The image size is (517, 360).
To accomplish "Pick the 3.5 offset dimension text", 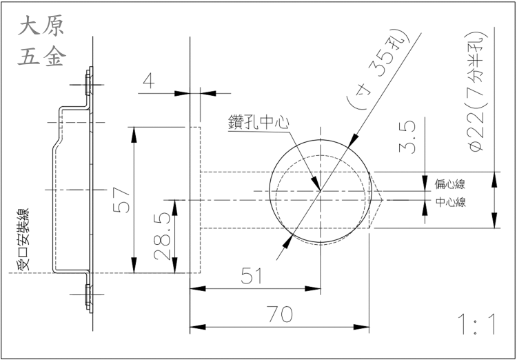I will [x=408, y=137].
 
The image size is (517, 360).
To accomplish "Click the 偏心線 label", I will [x=450, y=183].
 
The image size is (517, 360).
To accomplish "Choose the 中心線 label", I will [x=450, y=202].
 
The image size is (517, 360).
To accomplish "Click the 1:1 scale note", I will [x=476, y=324].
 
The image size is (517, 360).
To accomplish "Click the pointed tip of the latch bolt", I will [x=383, y=200].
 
